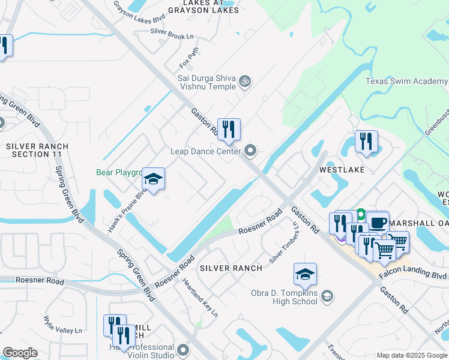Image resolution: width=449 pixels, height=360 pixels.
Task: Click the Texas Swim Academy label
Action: [406, 82]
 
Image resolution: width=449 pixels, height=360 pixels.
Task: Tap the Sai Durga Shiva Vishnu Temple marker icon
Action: [244, 80]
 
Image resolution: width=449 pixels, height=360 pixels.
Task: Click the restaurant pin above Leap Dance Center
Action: [229, 129]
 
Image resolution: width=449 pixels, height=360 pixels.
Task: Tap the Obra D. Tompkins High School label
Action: [283, 296]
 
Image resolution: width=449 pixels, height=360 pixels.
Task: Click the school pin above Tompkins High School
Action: [305, 274]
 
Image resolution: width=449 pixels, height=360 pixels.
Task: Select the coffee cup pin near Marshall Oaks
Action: [378, 222]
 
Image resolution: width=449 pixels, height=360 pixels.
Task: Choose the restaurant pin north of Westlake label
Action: [366, 142]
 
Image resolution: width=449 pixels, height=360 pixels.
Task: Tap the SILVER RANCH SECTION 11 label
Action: [37, 150]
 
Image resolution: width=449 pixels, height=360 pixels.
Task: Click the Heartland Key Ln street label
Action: [200, 298]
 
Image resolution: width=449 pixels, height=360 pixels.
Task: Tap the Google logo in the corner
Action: [20, 353]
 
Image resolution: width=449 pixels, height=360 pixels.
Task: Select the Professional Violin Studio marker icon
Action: [183, 349]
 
